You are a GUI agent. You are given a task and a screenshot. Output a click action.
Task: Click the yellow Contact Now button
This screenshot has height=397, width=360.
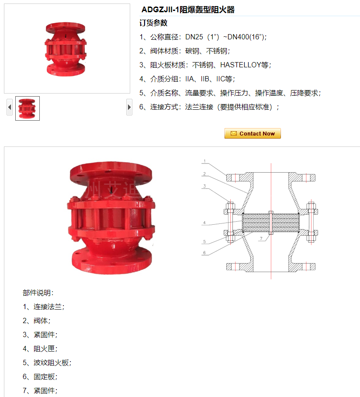[253, 133]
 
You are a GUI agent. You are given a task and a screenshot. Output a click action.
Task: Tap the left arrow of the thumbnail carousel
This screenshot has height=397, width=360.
[10, 107]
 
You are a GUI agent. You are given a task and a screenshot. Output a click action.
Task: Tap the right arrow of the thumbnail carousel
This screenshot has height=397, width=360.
[129, 107]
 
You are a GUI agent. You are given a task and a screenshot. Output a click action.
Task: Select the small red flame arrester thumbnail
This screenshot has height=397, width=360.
[28, 108]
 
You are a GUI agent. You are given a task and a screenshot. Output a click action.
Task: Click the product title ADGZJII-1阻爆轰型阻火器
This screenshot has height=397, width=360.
[188, 10]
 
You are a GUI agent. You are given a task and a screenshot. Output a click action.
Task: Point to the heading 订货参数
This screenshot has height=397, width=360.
[153, 23]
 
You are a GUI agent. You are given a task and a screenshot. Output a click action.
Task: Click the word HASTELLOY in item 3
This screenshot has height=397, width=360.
[241, 65]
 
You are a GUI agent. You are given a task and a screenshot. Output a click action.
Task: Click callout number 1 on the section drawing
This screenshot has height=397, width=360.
[204, 161]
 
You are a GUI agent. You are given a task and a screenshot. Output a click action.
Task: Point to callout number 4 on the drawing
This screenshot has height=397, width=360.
[204, 223]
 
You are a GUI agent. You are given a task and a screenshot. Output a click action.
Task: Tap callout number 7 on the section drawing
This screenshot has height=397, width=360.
[261, 238]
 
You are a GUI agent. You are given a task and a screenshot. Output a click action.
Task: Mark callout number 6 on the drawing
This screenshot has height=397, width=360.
[204, 253]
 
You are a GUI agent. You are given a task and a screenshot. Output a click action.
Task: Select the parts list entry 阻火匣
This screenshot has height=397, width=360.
[44, 348]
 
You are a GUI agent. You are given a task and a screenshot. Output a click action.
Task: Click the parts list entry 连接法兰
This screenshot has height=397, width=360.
[48, 307]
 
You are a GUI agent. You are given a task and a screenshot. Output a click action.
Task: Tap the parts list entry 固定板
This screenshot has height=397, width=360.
[44, 377]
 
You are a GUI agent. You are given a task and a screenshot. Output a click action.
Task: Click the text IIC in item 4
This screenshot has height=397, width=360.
[220, 79]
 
